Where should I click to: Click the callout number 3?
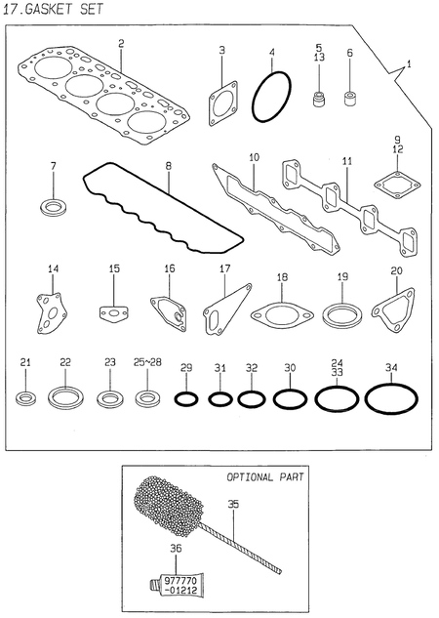click(x=221, y=50)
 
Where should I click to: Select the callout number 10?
click(x=253, y=156)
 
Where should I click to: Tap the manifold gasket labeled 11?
click(x=347, y=204)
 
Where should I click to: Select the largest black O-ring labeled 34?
click(x=391, y=399)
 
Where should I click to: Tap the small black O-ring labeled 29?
click(x=186, y=399)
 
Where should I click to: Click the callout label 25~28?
click(x=148, y=363)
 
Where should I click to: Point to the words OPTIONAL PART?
click(x=265, y=478)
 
